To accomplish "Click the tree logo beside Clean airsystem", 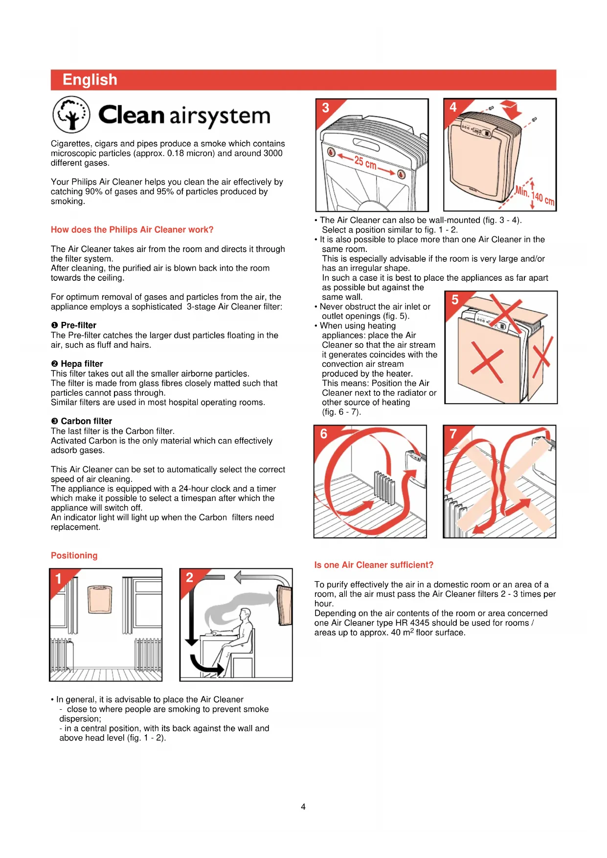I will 71,114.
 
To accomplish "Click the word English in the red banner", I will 90,80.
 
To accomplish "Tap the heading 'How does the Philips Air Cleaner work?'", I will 132,230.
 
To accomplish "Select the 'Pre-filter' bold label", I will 78,325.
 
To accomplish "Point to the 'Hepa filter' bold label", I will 82,364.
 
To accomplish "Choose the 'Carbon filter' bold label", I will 86,421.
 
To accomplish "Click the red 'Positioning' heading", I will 74,556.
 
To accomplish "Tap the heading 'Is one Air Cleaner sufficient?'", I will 374,565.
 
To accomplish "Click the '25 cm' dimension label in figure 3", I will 365,162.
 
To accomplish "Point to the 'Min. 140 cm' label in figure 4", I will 535,196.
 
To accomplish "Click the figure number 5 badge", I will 455,300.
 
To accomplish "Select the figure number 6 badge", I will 324,434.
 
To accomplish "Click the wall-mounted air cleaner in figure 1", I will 100,599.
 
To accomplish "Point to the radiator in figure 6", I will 384,486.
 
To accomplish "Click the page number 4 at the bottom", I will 303,807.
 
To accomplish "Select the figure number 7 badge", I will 453,434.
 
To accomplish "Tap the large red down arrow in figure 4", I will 512,110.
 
